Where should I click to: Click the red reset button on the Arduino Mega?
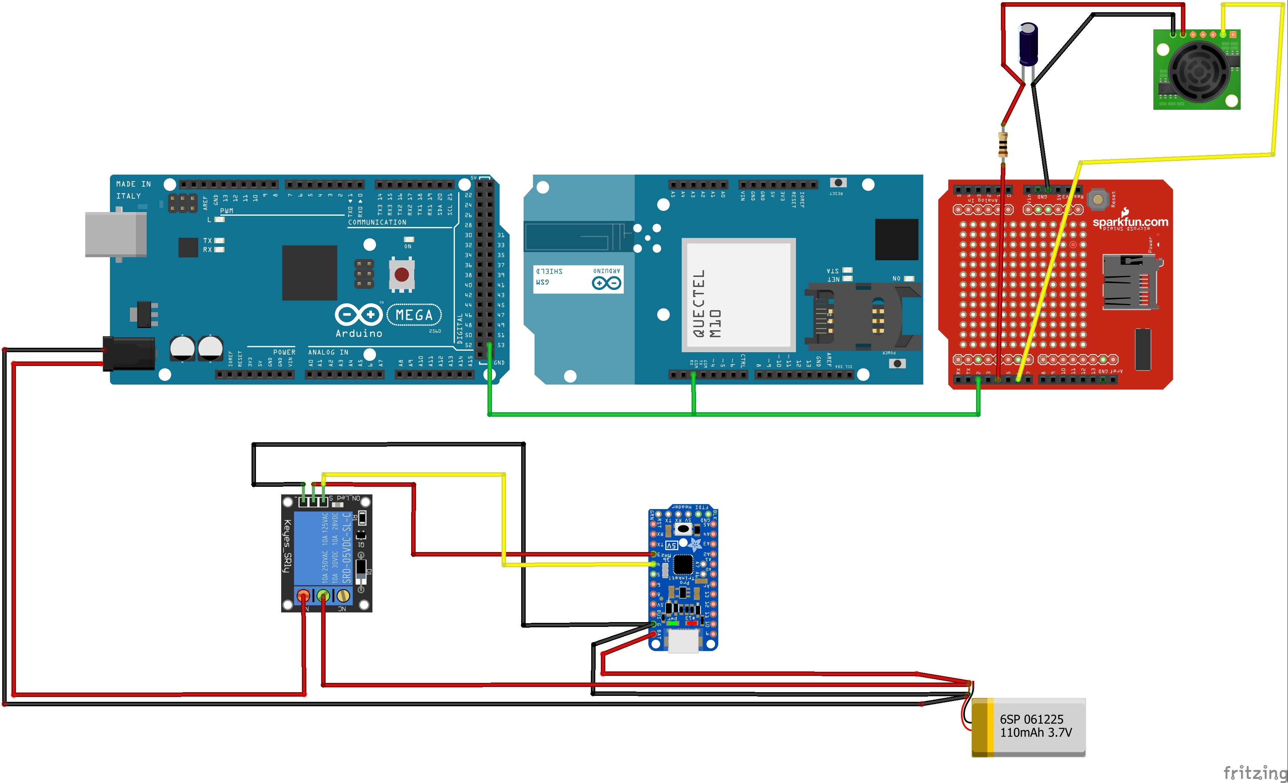[402, 275]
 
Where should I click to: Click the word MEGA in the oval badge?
[414, 315]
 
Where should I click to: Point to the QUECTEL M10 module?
[738, 295]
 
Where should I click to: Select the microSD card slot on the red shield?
[1129, 283]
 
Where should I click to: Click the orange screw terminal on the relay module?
[303, 595]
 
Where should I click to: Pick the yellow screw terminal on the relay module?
[343, 595]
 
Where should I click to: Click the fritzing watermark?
[1255, 772]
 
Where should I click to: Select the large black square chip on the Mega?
[309, 272]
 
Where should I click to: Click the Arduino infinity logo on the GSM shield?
[606, 283]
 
